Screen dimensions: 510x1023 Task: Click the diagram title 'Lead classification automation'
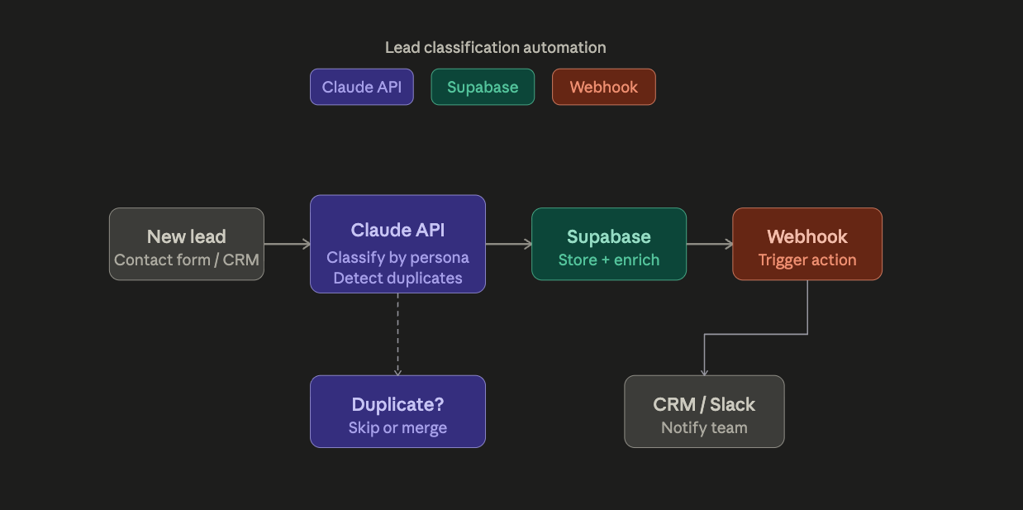click(495, 48)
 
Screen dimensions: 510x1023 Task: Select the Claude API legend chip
click(361, 87)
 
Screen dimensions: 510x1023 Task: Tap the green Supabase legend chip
click(483, 87)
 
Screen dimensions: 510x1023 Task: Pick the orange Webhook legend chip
click(603, 87)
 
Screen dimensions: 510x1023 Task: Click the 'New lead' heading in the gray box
click(186, 236)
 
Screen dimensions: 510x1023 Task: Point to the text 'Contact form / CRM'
click(186, 260)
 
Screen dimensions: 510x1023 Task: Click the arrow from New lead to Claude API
click(287, 244)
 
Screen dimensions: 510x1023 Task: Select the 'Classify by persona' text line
click(397, 257)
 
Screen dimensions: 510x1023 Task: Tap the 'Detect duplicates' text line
click(397, 279)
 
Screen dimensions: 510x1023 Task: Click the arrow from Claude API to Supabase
click(508, 244)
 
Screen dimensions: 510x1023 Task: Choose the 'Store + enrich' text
click(608, 260)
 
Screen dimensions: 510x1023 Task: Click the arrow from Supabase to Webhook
click(709, 244)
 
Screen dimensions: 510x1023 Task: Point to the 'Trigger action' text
click(807, 260)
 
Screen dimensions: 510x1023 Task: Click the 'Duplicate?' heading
click(397, 404)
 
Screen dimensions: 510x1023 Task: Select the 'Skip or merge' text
click(397, 427)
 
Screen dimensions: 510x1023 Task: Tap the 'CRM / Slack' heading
click(704, 404)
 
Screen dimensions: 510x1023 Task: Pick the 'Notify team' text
click(704, 427)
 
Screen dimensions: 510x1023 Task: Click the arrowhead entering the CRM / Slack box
click(704, 372)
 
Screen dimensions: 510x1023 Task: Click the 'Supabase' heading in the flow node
click(608, 236)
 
